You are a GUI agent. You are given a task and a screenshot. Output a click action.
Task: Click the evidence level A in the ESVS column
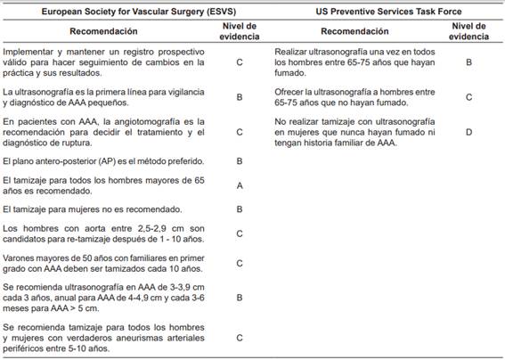(239, 184)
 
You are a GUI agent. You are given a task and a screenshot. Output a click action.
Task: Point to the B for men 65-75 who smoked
(468, 63)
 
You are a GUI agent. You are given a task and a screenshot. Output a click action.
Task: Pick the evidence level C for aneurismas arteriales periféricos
(239, 337)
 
